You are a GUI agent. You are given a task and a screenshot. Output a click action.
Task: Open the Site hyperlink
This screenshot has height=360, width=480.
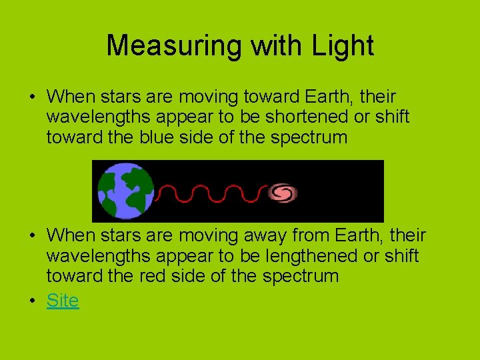[x=63, y=301]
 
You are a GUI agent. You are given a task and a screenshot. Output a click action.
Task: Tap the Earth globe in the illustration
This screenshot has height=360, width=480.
[x=125, y=191]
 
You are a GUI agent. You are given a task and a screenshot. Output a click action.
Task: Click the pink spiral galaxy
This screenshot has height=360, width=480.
[x=283, y=193]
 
